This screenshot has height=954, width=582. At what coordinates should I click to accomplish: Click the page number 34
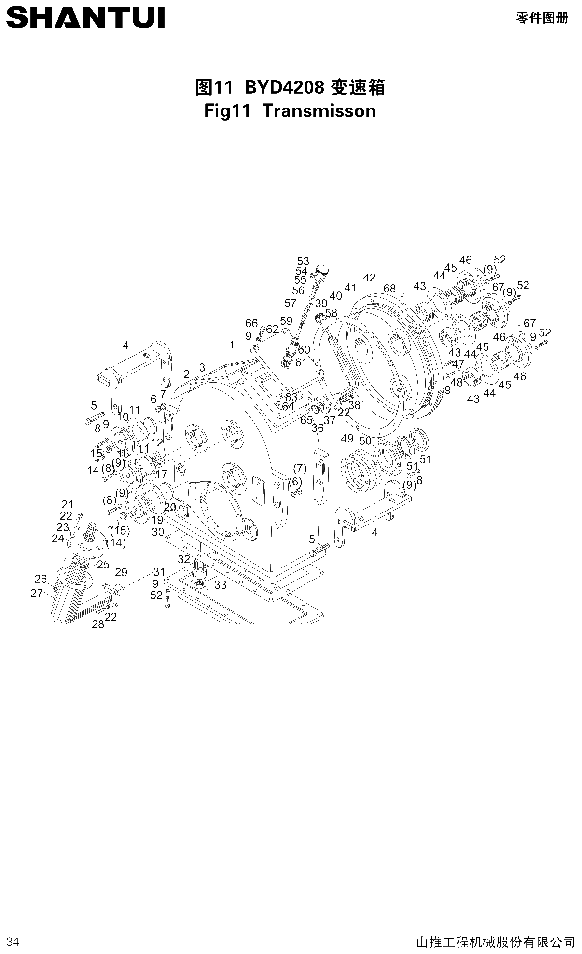click(x=13, y=941)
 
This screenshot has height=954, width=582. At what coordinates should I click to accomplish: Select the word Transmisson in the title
click(x=319, y=111)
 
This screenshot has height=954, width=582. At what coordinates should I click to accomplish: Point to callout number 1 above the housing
click(x=232, y=345)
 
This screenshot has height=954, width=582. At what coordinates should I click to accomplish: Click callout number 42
click(x=369, y=277)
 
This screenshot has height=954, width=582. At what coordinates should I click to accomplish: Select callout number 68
click(x=389, y=288)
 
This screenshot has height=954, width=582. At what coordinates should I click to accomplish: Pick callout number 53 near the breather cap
click(x=303, y=262)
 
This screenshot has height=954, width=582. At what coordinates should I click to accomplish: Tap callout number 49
click(x=347, y=438)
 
